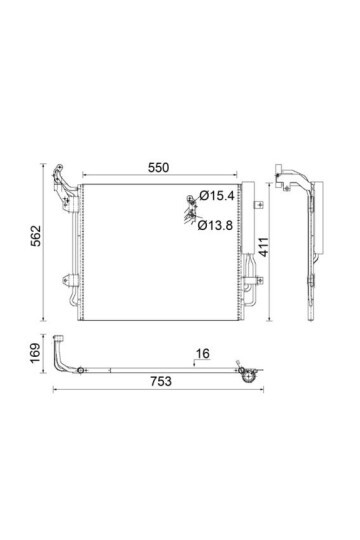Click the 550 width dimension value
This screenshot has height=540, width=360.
[x=158, y=168]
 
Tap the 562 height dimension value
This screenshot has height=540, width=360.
[x=35, y=236]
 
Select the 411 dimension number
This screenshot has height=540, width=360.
[x=264, y=247]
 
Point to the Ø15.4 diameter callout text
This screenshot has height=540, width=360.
[x=217, y=196]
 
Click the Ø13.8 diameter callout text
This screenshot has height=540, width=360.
[x=215, y=226]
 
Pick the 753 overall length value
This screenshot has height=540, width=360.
[x=161, y=381]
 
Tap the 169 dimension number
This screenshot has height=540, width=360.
[x=35, y=353]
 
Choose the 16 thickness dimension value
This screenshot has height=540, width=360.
[x=203, y=353]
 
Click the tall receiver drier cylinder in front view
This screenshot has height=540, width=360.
[x=248, y=218]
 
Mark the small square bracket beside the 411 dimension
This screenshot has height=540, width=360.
[x=259, y=205]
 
